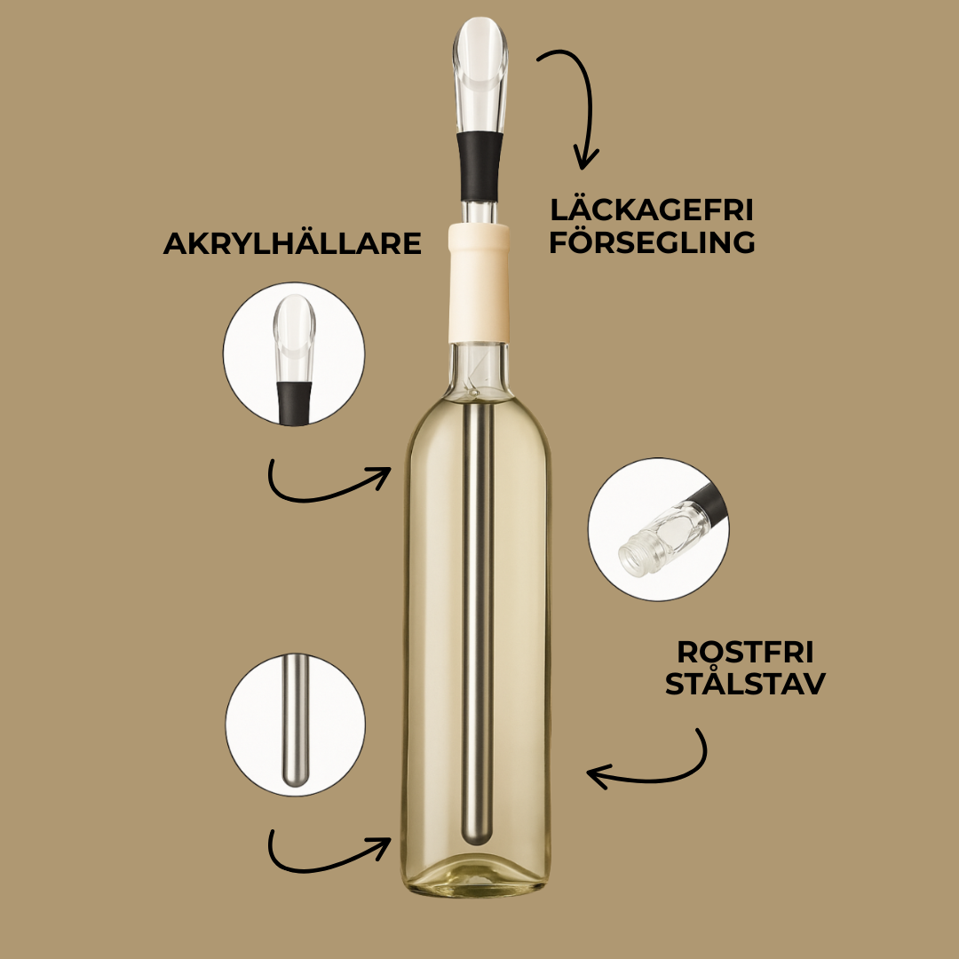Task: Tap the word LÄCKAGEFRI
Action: pos(652,210)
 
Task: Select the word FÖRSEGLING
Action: pos(652,242)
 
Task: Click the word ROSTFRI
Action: pos(745,652)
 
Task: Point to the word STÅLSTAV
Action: pos(745,683)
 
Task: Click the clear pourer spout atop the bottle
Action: pos(480,74)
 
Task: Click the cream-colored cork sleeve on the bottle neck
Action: pos(479,283)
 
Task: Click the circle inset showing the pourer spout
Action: pos(294,354)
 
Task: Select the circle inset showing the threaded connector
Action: pos(659,529)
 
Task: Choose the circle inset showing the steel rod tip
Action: pos(296,725)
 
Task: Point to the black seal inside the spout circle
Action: pos(294,403)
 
